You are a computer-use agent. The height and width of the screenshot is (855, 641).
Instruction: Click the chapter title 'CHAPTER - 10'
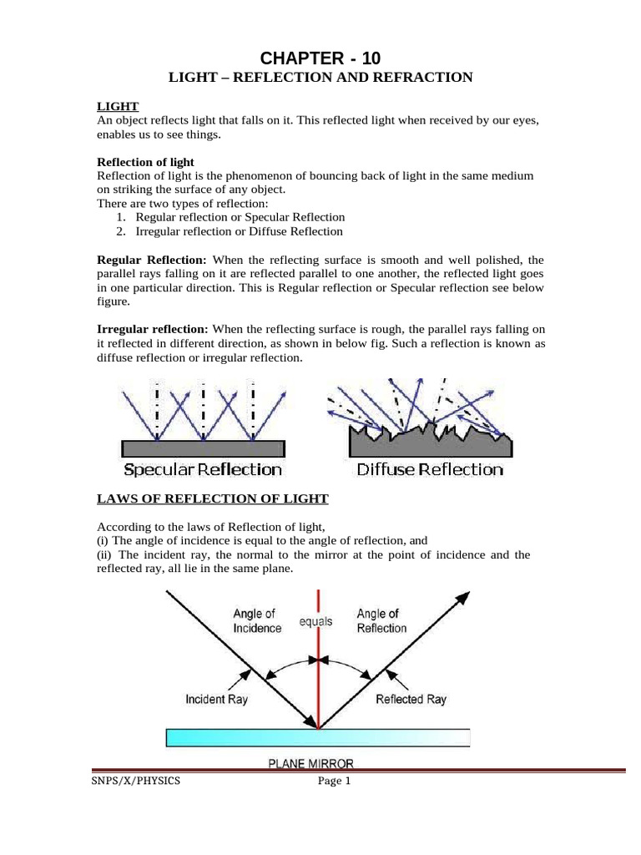320,58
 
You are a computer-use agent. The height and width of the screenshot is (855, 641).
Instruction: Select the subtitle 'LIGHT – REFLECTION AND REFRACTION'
320,78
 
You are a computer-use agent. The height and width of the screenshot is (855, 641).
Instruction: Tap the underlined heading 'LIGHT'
118,106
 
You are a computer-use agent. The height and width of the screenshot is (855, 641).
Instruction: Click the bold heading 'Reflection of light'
145,162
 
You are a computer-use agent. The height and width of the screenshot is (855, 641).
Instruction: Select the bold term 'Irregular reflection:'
154,330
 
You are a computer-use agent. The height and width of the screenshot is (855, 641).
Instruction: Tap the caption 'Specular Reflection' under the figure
203,469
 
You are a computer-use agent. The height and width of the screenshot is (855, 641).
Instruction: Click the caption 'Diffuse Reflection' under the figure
430,469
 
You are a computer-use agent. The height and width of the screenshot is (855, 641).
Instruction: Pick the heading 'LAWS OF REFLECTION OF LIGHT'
213,499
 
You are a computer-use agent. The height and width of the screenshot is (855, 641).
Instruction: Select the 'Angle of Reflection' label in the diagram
381,621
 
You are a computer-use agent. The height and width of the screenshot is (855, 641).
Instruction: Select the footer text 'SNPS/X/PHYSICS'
138,782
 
